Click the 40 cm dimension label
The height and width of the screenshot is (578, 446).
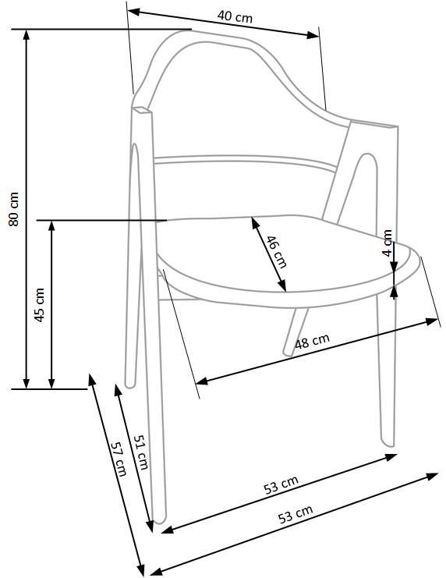click(235, 16)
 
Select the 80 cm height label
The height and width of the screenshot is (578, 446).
click(13, 208)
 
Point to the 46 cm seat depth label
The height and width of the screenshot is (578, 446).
click(276, 251)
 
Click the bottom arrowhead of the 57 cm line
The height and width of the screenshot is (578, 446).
click(140, 568)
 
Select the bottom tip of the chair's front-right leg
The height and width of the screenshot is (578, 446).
click(388, 447)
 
